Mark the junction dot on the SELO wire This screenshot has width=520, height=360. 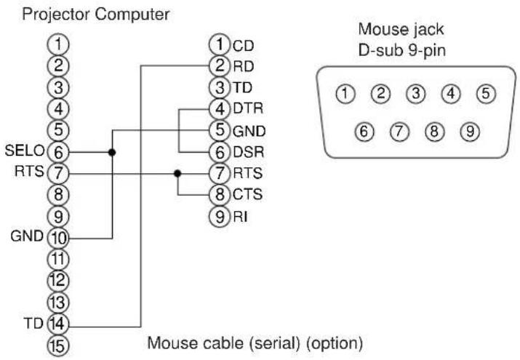tap(111, 153)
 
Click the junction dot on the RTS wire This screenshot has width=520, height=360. tap(177, 174)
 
